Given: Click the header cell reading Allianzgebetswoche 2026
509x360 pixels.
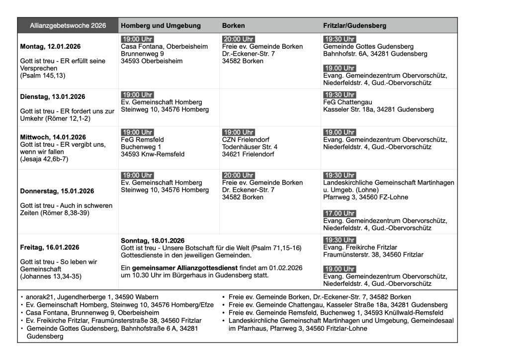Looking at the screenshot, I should point(68,25).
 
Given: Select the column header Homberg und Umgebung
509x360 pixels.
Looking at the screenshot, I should point(161,25).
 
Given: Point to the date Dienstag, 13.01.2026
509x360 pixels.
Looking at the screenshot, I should point(53,96).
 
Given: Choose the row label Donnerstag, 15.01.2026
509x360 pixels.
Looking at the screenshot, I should point(57,191).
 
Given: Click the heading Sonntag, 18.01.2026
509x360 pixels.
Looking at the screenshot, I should point(153,241).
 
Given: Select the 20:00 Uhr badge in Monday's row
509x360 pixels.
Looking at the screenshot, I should point(239,39).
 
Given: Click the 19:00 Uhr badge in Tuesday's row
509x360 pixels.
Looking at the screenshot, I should point(137,94).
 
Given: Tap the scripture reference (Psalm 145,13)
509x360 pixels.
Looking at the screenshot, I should point(43,76).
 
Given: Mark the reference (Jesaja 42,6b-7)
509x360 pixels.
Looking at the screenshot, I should point(45,160).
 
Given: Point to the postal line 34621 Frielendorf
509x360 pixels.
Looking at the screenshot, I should point(248,154).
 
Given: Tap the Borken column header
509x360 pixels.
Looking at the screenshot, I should point(233,25).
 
